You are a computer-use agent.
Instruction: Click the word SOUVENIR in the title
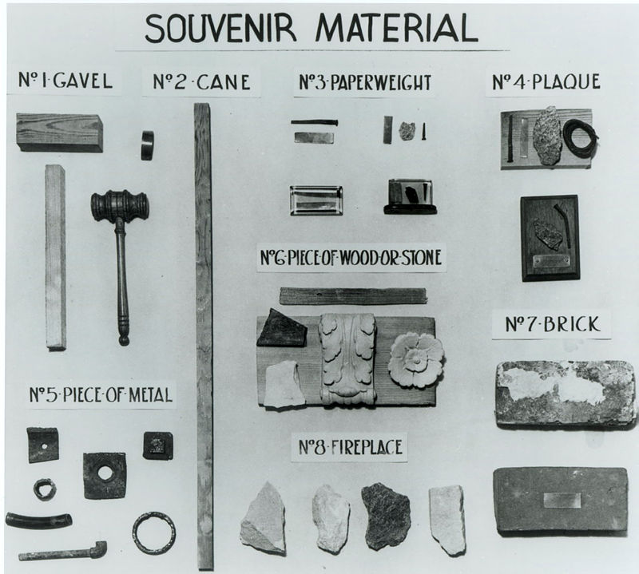[220, 28]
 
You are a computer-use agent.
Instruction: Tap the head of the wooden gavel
[120, 206]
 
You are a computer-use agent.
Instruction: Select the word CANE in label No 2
[224, 82]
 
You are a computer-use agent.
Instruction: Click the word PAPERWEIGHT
[380, 82]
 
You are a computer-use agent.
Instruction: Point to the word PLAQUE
[566, 81]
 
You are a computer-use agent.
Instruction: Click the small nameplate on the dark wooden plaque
[551, 260]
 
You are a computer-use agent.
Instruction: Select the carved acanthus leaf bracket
[347, 358]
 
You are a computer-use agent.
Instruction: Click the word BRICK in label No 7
[572, 324]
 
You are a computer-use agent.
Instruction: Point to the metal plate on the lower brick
[562, 501]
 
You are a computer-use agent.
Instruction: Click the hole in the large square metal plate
[105, 473]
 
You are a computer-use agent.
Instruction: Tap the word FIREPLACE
[367, 447]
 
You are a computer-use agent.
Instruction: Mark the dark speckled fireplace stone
[386, 516]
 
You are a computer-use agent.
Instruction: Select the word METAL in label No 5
[150, 394]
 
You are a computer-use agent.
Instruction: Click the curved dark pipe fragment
[38, 521]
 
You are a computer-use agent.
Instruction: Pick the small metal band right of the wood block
[148, 145]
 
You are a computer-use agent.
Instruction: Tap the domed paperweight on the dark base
[410, 196]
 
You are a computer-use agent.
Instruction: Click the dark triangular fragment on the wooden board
[281, 328]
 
